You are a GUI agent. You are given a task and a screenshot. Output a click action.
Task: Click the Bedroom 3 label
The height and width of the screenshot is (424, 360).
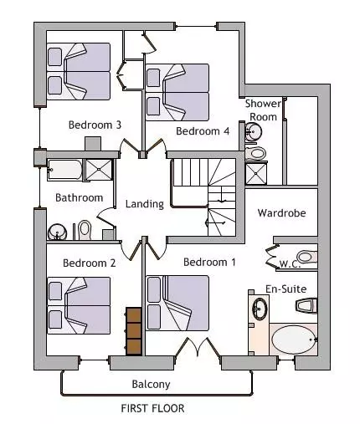95,125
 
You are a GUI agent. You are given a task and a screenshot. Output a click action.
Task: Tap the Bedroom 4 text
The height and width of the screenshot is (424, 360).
203,130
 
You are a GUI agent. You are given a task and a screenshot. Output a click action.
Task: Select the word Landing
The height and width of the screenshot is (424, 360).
145,204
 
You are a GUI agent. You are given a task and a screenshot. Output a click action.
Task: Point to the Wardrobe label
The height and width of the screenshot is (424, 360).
281,213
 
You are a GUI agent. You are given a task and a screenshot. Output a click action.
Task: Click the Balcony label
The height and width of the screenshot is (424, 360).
151,384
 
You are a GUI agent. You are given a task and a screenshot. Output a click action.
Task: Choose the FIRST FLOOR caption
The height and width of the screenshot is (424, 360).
152,408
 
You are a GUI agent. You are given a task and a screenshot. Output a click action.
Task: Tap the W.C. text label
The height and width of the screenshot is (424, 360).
290,263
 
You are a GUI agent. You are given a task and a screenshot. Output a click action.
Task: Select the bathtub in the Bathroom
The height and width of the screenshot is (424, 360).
64,170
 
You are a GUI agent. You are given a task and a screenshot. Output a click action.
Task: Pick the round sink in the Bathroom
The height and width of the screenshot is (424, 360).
57,232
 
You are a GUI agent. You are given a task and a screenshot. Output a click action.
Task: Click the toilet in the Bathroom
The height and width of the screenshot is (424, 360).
85,230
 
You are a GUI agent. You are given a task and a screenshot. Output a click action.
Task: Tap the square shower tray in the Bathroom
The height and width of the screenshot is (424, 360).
99,170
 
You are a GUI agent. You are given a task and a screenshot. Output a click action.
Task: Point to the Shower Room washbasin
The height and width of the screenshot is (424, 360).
254,131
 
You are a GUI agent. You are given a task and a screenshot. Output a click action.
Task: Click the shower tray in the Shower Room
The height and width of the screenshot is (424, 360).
256,174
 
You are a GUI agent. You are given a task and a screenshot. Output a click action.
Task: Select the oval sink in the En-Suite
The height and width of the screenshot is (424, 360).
260,309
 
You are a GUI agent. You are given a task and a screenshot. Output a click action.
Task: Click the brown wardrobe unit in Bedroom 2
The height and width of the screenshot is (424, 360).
134,331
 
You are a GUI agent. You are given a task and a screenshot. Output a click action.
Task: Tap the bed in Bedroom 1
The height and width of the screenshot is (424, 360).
177,304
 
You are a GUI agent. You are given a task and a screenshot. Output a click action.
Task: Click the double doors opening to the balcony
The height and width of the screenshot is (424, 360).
198,347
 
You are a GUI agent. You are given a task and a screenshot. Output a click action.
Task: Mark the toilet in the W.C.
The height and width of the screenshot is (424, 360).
307,257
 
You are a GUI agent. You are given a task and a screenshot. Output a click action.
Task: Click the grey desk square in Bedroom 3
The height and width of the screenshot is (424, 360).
93,144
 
